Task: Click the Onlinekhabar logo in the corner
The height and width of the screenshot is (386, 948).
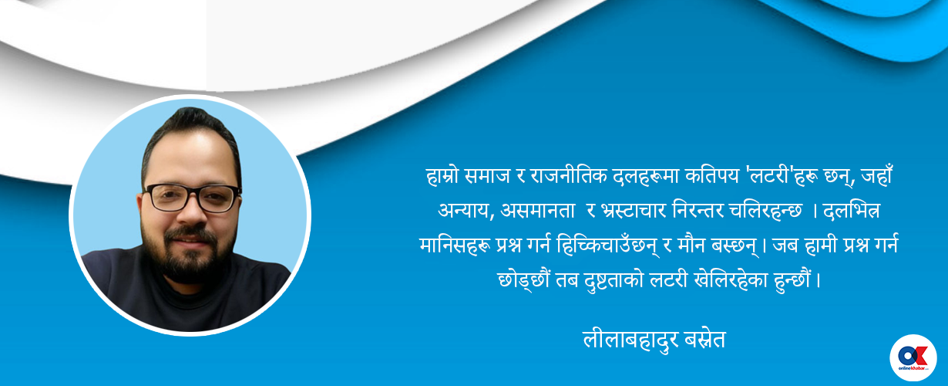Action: click(913, 357)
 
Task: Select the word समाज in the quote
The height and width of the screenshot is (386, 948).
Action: click(489, 177)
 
